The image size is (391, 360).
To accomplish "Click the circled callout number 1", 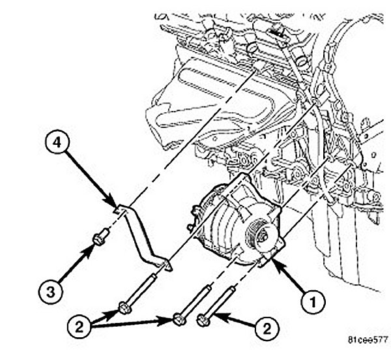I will pyautogui.click(x=312, y=301).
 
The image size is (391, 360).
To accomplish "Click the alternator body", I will pyautogui.click(x=225, y=222).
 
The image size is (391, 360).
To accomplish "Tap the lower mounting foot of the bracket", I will pyautogui.click(x=166, y=264).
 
